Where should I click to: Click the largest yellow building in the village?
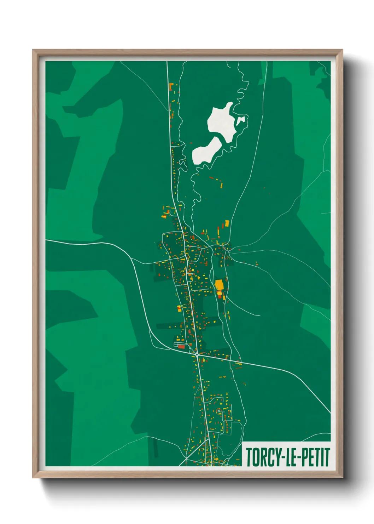pyautogui.click(x=219, y=285)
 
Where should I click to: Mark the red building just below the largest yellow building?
pyautogui.click(x=220, y=296)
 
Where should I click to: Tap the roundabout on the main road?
pyautogui.click(x=197, y=354)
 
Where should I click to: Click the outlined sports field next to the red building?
pyautogui.click(x=176, y=344)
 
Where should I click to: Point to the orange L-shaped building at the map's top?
pyautogui.click(x=171, y=86)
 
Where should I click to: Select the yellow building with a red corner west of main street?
pyautogui.click(x=179, y=308)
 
